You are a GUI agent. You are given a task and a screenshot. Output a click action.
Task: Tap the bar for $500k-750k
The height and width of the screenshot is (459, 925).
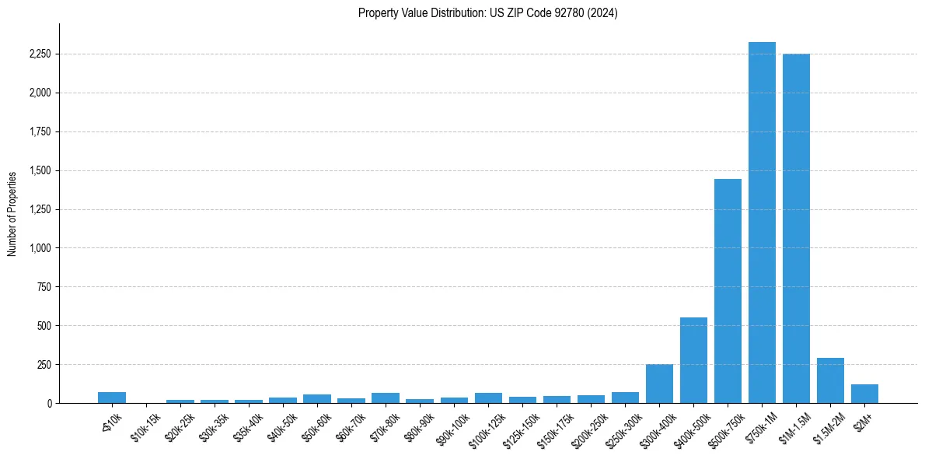[728, 291]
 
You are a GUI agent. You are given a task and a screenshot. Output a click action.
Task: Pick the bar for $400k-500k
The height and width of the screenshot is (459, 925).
[693, 360]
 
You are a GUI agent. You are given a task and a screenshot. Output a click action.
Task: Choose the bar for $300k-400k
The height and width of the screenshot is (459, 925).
[659, 384]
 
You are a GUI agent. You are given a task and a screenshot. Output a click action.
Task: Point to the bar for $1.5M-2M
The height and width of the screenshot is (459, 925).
[830, 380]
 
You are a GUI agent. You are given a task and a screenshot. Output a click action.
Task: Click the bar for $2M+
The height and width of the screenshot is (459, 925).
[864, 394]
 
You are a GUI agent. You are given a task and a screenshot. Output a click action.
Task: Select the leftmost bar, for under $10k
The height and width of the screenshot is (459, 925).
[112, 398]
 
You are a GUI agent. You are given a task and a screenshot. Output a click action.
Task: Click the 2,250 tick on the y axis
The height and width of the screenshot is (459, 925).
[40, 54]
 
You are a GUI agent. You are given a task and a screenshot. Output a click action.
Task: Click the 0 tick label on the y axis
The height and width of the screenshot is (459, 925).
[49, 403]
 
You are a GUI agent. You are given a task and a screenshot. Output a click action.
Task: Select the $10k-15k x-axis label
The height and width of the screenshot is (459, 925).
[145, 427]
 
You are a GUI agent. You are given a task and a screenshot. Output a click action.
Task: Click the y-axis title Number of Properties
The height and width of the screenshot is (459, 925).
[12, 214]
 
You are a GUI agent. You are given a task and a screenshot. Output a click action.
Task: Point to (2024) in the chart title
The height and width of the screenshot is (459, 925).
[602, 13]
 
